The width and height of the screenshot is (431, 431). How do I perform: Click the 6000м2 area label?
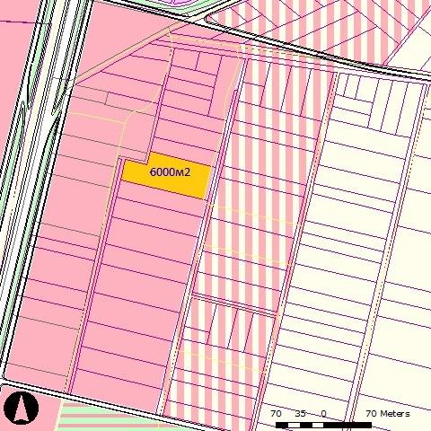click(170, 171)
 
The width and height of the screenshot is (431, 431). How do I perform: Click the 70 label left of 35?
click(277, 414)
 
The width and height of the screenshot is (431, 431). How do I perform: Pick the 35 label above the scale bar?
click(301, 414)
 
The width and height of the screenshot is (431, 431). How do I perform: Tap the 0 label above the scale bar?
click(323, 414)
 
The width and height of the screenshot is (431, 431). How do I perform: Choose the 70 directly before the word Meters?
click(370, 414)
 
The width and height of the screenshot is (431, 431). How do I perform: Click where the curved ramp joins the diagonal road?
click(208, 18)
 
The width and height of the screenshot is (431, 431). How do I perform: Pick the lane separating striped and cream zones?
click(310, 224)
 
